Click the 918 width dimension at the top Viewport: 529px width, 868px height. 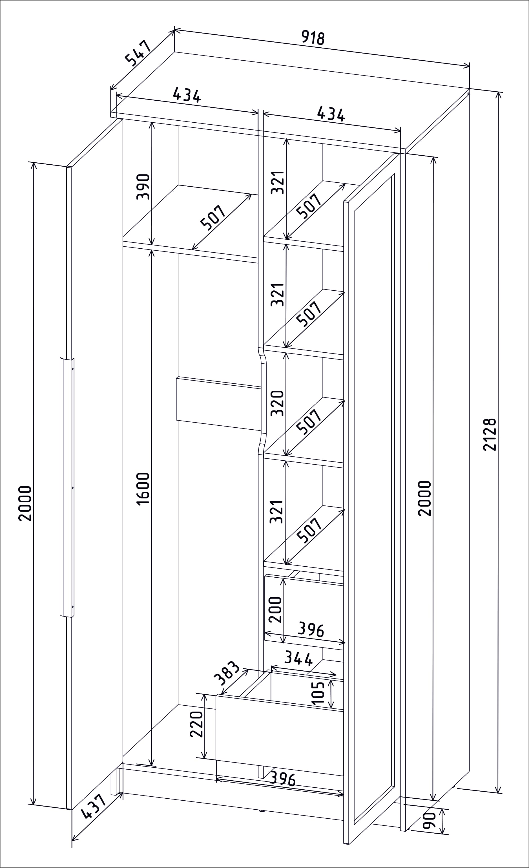[313, 38]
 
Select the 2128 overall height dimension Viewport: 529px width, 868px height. [490, 435]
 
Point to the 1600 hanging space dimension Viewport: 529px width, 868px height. [143, 489]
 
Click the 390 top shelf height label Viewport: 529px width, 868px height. [143, 187]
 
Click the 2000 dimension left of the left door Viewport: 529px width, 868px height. [25, 504]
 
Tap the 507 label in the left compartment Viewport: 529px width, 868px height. [213, 218]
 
